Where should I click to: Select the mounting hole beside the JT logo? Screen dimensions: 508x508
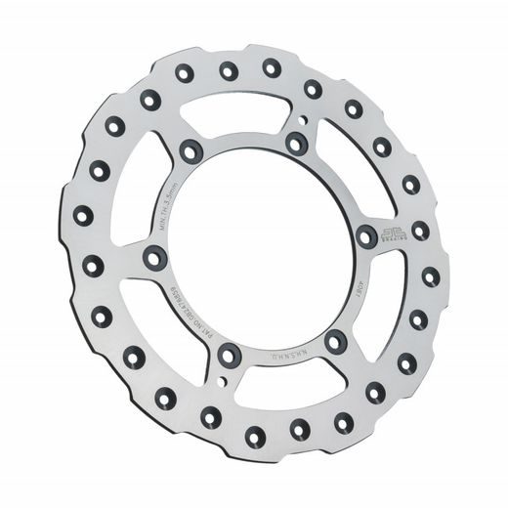coord(365,235)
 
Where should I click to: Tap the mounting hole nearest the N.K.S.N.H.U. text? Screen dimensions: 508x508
coord(335,341)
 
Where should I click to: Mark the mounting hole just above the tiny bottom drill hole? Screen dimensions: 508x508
coord(228,355)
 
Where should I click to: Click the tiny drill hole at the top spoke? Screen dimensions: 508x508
coord(306,122)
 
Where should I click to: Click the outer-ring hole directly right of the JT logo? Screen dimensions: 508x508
coord(420,231)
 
